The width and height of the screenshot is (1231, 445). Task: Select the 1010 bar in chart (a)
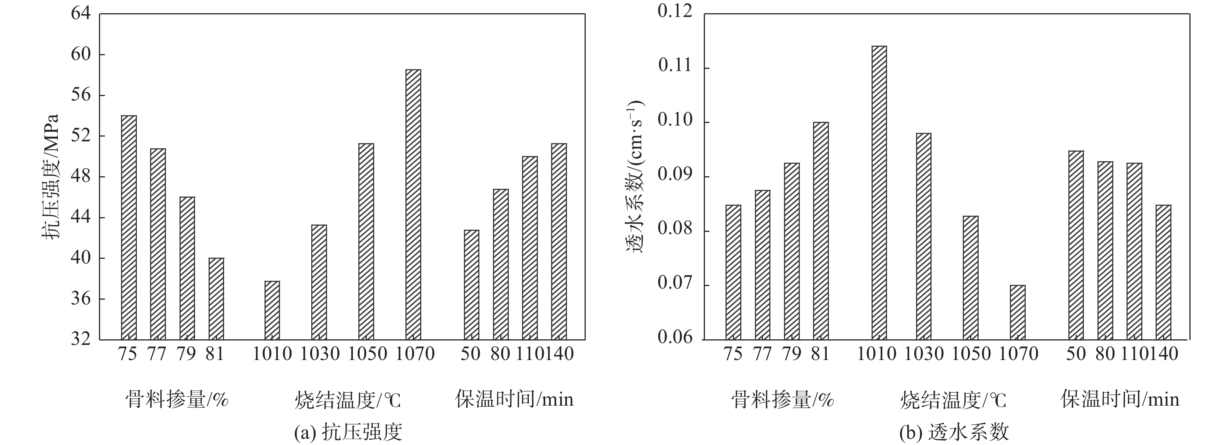272,310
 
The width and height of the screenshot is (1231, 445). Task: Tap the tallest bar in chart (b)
879,193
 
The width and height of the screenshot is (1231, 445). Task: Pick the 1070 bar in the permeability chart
1017,312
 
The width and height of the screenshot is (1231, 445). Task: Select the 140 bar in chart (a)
558,241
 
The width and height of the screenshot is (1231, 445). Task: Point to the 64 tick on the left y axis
80,13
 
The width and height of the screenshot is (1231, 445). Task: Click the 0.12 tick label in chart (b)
675,11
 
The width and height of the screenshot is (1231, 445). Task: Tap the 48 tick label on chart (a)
80,177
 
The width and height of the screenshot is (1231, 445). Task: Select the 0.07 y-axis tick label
675,283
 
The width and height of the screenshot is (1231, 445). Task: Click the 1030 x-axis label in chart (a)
320,354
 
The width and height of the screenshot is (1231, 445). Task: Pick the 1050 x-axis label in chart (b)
971,354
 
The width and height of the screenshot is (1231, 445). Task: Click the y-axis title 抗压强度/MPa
51,177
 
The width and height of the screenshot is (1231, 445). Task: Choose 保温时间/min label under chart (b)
1120,399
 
